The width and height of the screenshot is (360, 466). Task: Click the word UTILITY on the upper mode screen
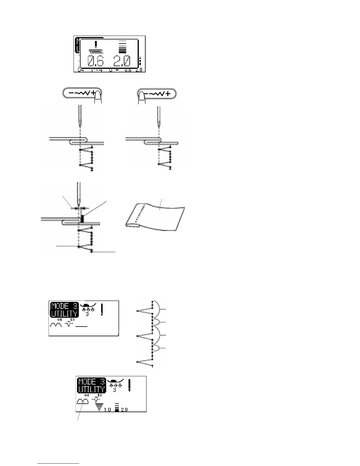click(64, 314)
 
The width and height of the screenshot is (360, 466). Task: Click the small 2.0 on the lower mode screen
click(124, 410)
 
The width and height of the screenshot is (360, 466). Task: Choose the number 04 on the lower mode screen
click(86, 395)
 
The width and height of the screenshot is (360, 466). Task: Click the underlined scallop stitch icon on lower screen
click(82, 402)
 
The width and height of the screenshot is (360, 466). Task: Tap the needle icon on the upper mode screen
click(102, 311)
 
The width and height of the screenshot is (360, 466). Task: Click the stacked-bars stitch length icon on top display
click(123, 46)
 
